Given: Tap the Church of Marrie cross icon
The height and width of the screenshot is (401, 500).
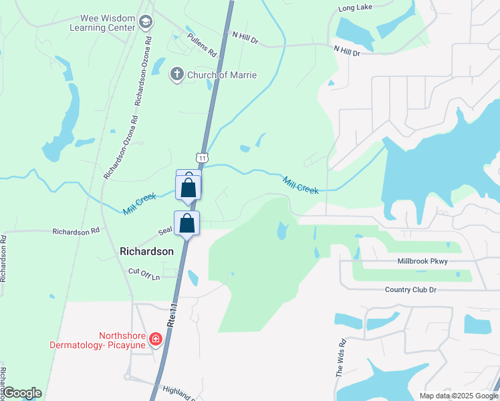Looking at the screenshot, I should (177, 74).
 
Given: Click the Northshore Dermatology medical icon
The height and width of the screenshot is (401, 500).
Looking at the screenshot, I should (156, 340).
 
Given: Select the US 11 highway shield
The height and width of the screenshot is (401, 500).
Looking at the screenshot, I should (201, 156).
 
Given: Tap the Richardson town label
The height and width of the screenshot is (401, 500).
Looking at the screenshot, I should (146, 251).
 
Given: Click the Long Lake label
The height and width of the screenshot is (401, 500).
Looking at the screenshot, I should (355, 8).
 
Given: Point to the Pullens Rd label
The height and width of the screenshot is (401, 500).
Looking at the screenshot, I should (203, 44).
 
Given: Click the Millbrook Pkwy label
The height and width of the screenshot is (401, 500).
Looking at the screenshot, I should (422, 261).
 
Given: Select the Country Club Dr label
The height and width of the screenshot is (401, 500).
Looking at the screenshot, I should (410, 289).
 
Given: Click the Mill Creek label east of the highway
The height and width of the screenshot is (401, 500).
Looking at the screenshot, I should (300, 185).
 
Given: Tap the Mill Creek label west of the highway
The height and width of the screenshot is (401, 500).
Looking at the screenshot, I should (139, 204).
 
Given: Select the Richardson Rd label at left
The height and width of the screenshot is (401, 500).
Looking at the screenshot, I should (76, 231).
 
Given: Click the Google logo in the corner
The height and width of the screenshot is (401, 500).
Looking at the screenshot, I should (21, 393).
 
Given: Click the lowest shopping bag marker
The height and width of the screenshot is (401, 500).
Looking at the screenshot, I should (187, 224).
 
